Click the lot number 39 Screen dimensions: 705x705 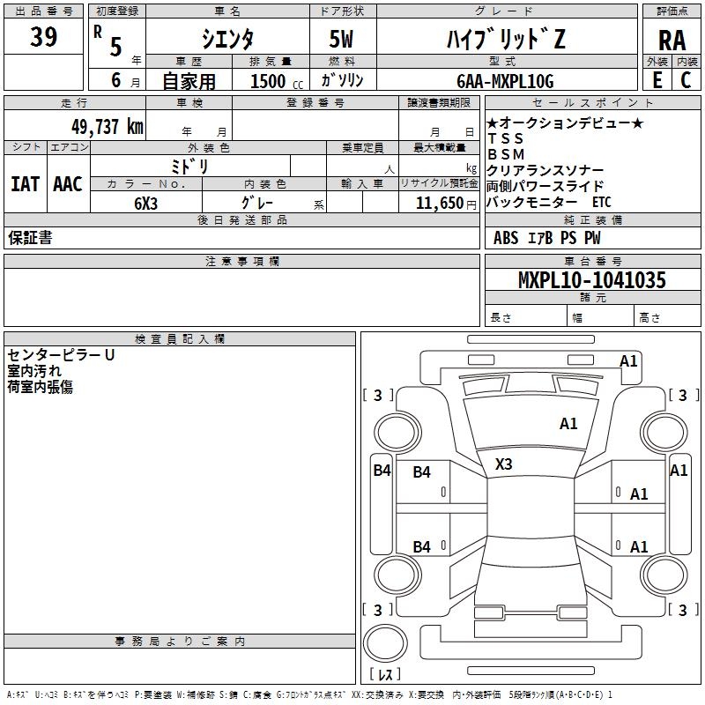43,37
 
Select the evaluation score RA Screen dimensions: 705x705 672,40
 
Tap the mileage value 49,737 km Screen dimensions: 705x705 100,126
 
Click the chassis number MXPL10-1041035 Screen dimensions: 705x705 591,280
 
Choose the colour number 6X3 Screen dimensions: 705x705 145,203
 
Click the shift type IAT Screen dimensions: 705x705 25,184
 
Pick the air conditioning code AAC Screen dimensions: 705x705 67,184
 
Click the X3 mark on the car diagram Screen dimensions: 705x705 504,464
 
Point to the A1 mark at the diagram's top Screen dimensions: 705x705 628,360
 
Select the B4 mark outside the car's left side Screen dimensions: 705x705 381,471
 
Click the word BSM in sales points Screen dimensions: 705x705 506,154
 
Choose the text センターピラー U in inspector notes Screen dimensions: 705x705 61,356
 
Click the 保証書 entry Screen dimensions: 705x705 30,238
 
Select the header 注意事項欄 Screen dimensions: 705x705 242,262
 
